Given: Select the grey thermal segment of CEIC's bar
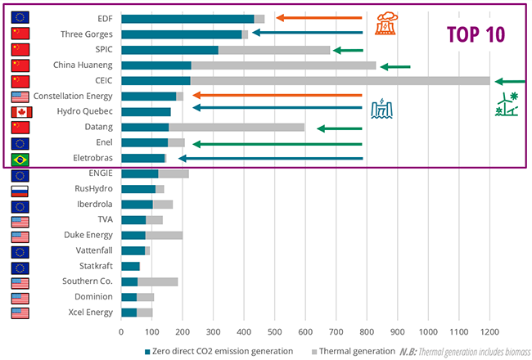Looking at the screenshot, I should tap(340, 81).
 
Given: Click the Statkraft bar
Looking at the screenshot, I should tap(130, 267).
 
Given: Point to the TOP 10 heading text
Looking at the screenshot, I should tap(475, 34).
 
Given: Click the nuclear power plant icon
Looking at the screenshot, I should tap(384, 24).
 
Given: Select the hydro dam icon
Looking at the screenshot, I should tap(381, 108).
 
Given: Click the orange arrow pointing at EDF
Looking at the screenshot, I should tap(318, 18).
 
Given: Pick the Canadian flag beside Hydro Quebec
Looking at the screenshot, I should tap(21, 111).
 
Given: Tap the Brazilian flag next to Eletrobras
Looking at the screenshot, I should tap(21, 159).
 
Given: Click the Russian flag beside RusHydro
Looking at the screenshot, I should tap(21, 189).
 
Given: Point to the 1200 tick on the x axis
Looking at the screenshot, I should tap(489, 332).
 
